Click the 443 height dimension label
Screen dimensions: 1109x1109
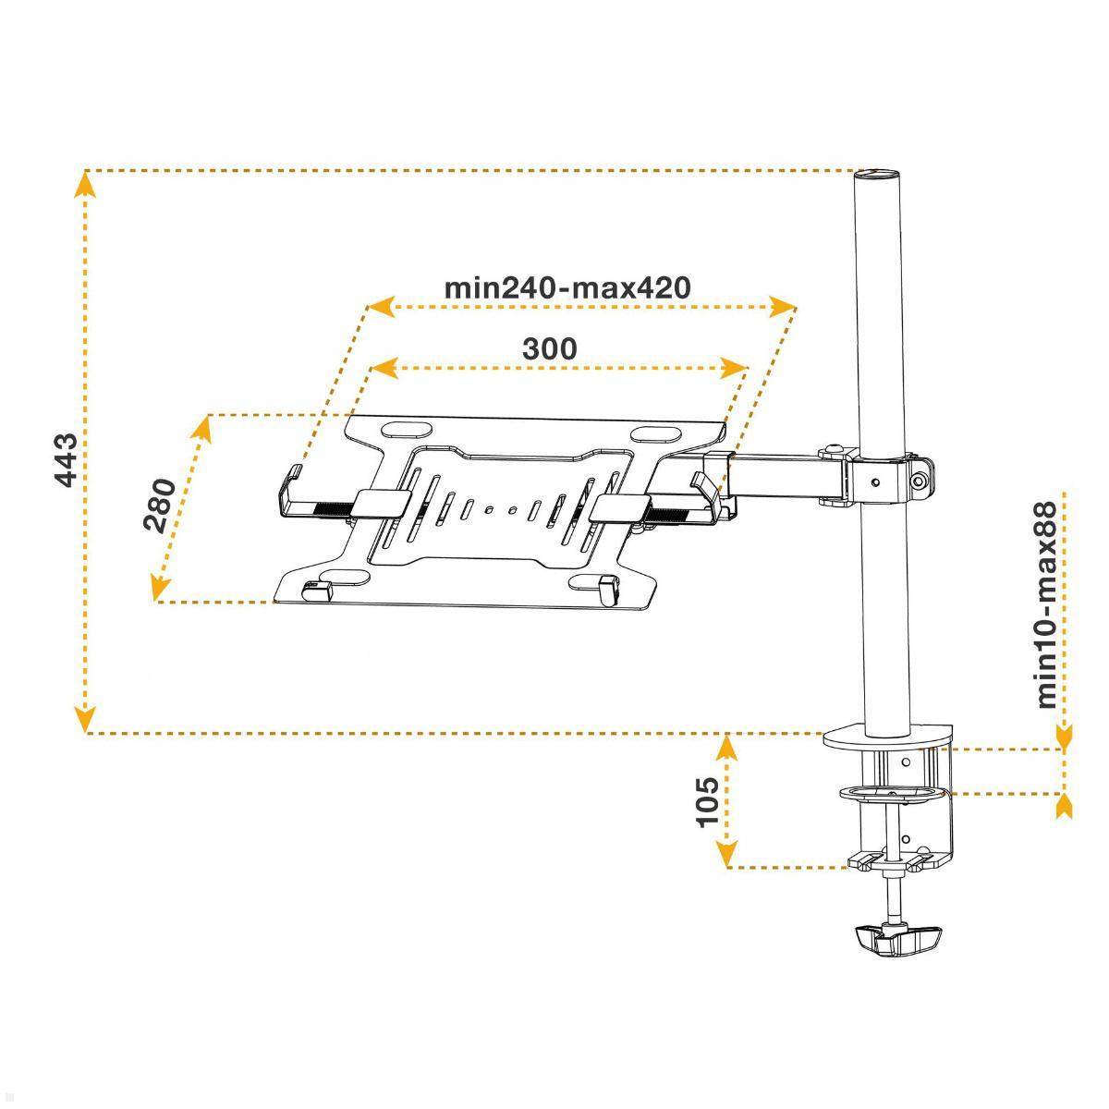(67, 461)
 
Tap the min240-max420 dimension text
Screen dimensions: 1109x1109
(567, 286)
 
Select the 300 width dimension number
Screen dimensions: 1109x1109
(550, 348)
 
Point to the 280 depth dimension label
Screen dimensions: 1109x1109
(159, 505)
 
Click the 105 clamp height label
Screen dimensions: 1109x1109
(708, 802)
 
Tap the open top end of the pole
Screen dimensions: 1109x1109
(876, 173)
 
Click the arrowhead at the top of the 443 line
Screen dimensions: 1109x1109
(85, 184)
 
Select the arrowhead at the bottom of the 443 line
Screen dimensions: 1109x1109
(85, 719)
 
